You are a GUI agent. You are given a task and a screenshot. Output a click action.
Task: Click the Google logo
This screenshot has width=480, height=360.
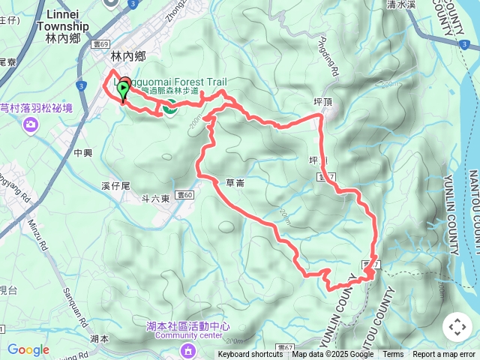[x=28, y=349]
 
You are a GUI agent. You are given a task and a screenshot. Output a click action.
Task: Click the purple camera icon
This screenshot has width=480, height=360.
[x=31, y=123]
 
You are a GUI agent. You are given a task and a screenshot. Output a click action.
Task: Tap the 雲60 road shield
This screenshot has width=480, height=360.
[x=186, y=195]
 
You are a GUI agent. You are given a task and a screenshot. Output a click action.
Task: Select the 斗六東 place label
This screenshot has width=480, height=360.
[x=157, y=198]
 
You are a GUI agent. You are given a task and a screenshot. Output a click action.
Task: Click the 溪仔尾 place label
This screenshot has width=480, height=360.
[x=115, y=184]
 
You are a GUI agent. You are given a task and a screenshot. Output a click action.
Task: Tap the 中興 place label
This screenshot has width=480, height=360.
[x=82, y=152]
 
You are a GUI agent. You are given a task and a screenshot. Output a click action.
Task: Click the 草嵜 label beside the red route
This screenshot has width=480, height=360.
[x=235, y=182]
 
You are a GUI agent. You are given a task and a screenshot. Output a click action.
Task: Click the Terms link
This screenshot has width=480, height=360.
[x=393, y=355]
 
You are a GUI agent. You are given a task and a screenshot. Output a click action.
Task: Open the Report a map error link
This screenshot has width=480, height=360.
[x=444, y=355]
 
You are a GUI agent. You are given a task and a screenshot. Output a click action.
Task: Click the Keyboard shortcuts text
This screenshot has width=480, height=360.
[x=250, y=355]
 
